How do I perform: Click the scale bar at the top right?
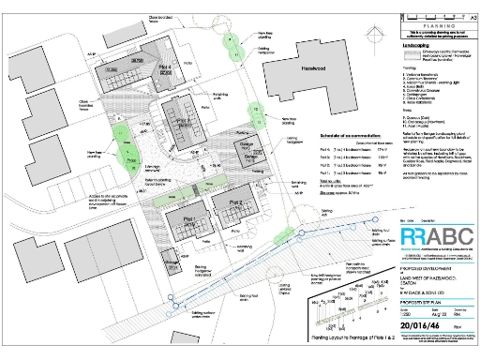click(432, 7)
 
